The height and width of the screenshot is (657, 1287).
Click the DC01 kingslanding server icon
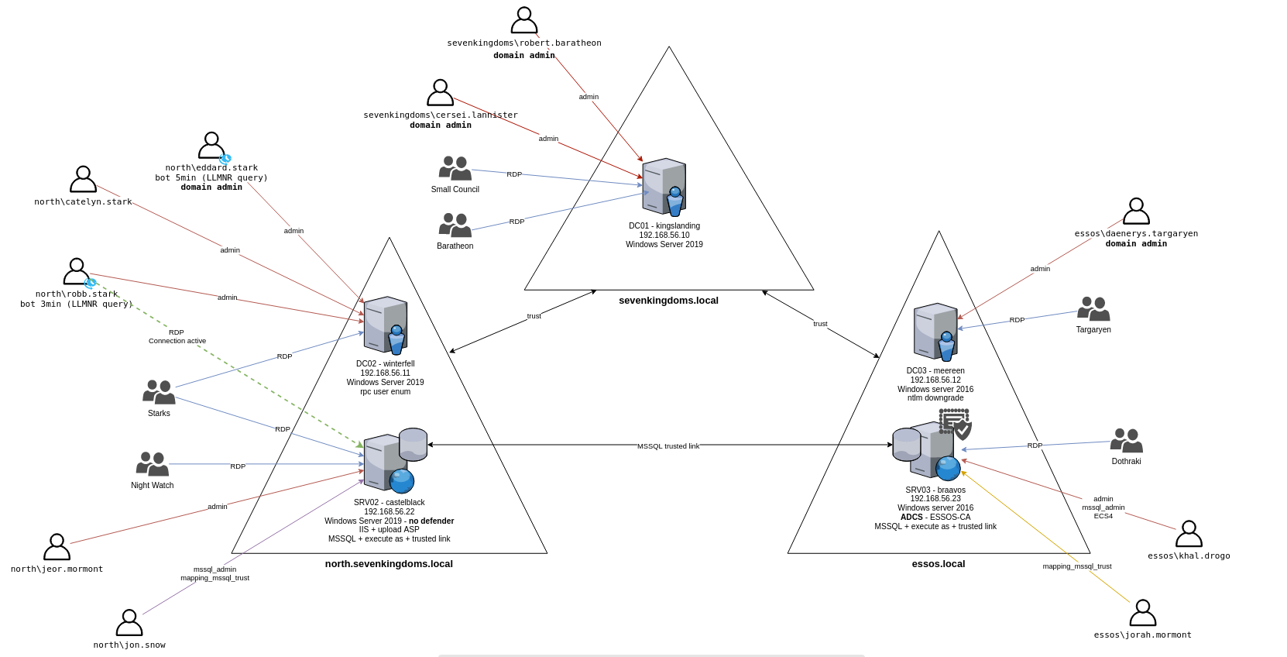pyautogui.click(x=664, y=187)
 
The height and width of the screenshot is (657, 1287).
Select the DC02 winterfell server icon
pyautogui.click(x=386, y=325)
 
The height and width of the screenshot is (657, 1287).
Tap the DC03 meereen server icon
pyautogui.click(x=935, y=332)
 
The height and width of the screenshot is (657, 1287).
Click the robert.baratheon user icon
pyautogui.click(x=524, y=20)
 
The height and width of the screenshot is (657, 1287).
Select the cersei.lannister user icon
pyautogui.click(x=440, y=93)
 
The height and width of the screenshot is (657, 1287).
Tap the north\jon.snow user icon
pyautogui.click(x=129, y=623)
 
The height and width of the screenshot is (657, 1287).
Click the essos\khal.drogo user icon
pyautogui.click(x=1189, y=534)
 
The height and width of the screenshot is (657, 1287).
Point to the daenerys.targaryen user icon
pyautogui.click(x=1136, y=212)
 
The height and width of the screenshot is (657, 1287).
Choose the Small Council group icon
pyautogui.click(x=455, y=168)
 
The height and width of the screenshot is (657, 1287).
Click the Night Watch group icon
pyautogui.click(x=153, y=464)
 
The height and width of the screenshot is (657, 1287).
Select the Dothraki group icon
pyautogui.click(x=1127, y=440)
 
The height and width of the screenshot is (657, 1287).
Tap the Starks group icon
pyautogui.click(x=159, y=392)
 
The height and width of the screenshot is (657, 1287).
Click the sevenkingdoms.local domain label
pyautogui.click(x=668, y=301)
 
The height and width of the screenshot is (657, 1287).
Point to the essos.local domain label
pyautogui.click(x=939, y=564)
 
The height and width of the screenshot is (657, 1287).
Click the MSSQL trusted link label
pyautogui.click(x=668, y=446)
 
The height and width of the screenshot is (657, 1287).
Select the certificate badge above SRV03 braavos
pyautogui.click(x=956, y=424)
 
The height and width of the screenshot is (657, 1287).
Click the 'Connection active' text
pyautogui.click(x=177, y=341)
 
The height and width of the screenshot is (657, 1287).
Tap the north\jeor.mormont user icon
pyautogui.click(x=57, y=547)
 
